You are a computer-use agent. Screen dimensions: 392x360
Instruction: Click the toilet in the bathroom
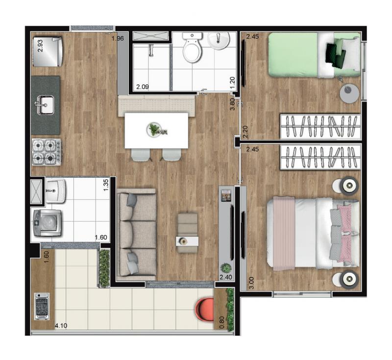192,48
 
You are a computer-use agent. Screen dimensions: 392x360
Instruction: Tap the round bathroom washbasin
219,41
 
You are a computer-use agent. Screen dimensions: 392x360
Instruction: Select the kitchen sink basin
46,105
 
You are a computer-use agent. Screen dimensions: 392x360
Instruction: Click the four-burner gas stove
47,152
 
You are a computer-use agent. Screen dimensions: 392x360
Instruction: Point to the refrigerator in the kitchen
48,52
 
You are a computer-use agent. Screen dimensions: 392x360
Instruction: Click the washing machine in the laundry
48,223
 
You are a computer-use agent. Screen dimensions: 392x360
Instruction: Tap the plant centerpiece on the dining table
155,130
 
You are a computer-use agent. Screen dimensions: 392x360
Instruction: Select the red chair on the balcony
204,309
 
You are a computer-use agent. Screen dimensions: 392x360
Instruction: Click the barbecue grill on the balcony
42,307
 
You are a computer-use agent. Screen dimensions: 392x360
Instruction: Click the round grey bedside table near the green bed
349,93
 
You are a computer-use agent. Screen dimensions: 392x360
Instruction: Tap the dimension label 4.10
61,326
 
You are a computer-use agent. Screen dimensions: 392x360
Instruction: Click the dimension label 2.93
40,46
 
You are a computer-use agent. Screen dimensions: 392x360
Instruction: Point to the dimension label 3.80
232,104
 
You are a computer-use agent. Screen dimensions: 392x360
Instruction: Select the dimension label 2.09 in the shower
143,87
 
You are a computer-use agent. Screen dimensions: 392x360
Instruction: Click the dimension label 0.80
221,323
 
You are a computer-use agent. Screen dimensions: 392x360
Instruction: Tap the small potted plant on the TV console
226,268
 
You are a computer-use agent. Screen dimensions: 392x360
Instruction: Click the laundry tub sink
55,191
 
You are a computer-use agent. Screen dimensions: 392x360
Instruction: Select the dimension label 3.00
251,283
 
